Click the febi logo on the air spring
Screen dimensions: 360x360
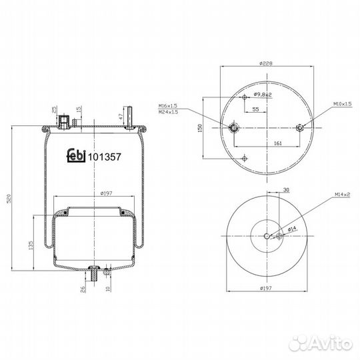coord(76,156)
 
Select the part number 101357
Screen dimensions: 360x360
coord(105,157)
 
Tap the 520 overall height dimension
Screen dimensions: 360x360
coord(9,199)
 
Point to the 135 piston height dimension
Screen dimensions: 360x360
coord(31,245)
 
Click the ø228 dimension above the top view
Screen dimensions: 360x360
coord(266,63)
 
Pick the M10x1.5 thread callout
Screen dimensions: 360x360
coord(342,104)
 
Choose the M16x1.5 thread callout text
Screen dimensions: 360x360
coord(168,106)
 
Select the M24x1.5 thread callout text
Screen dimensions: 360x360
coord(168,112)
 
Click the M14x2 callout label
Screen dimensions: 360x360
coord(342,195)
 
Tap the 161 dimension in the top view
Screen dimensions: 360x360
coord(278,143)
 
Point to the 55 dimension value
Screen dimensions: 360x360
coord(255,109)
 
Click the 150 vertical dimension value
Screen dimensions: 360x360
coord(200,127)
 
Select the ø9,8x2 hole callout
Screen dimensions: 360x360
coord(263,95)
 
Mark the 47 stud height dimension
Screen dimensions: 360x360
coord(121,116)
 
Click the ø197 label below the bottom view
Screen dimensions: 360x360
coord(266,288)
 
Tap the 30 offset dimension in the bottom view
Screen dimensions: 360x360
coord(286,190)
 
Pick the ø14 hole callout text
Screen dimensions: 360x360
coord(292,229)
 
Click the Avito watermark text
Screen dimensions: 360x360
coord(330,343)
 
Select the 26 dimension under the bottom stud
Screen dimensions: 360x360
coord(83,289)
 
